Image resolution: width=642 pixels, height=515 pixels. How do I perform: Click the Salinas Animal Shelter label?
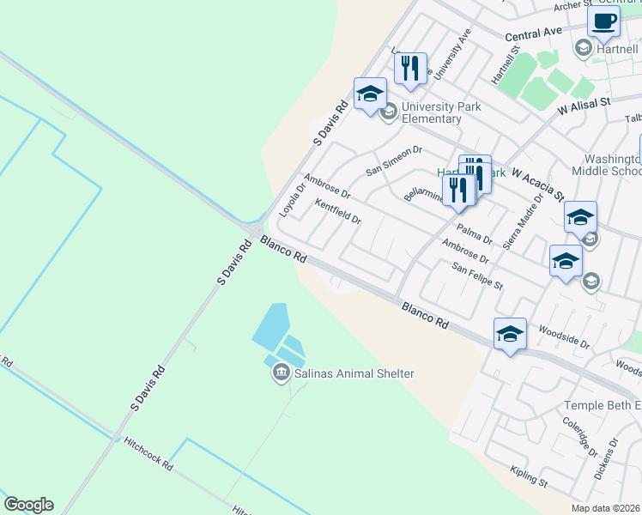point(354,373)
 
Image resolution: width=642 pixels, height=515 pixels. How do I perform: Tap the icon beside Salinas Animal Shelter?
point(281,373)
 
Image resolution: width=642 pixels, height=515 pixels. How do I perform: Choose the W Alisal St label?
point(583,106)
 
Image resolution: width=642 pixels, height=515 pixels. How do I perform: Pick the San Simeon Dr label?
point(395,160)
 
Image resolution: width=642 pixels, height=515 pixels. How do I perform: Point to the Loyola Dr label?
point(293,199)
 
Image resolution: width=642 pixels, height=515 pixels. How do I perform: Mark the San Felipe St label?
point(477,276)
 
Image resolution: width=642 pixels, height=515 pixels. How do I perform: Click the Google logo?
point(28,505)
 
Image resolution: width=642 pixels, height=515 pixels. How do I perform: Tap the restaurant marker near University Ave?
point(411,69)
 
